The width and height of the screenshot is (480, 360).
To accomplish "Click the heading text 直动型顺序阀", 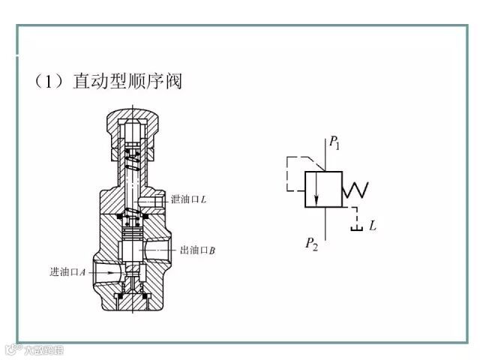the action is coord(127,80).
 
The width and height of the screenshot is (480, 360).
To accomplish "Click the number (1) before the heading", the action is coord(50,80).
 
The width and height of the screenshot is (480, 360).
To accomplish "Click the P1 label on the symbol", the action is coord(334,142).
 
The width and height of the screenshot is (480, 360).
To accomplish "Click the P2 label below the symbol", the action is coord(311,244).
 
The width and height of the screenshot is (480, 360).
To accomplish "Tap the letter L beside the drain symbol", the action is coord(373,225).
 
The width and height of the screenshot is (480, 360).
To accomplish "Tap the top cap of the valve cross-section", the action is coord(133,120).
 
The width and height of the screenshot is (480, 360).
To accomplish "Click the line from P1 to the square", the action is coord(323,159).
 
